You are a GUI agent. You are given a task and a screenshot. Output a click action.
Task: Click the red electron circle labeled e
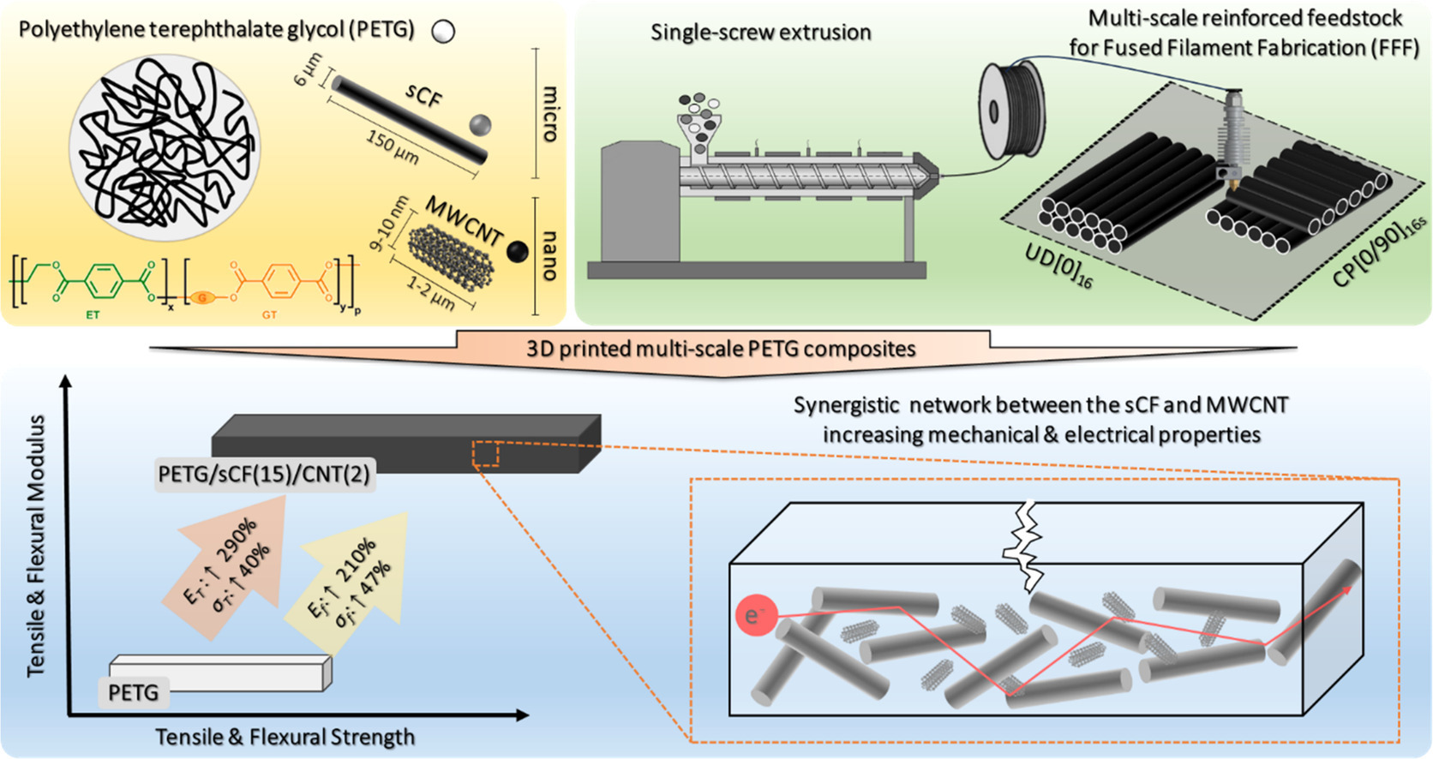755,616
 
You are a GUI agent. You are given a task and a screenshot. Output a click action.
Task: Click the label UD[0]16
1059,265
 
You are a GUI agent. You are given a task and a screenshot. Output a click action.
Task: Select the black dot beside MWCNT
518,251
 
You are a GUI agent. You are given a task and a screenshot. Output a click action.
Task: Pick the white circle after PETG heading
443,33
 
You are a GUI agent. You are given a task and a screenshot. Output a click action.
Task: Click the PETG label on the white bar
134,691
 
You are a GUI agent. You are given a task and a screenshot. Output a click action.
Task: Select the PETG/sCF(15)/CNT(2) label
264,474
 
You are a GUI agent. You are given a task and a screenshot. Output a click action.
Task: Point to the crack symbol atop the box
1025,545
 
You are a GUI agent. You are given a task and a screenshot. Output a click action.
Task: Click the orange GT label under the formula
269,315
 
